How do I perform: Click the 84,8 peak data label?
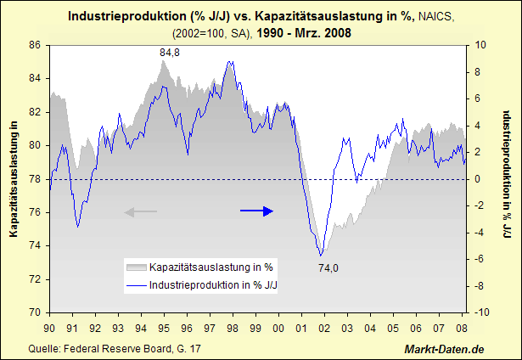pyautogui.click(x=170, y=53)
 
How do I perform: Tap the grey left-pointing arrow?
pyautogui.click(x=141, y=212)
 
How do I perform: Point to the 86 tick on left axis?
pyautogui.click(x=36, y=45)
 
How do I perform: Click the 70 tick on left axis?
pyautogui.click(x=36, y=312)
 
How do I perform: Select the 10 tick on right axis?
pyautogui.click(x=480, y=45)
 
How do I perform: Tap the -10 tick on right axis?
pyautogui.click(x=481, y=312)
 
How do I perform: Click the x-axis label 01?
pyautogui.click(x=301, y=327)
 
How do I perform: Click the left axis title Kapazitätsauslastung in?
pyautogui.click(x=14, y=179)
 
